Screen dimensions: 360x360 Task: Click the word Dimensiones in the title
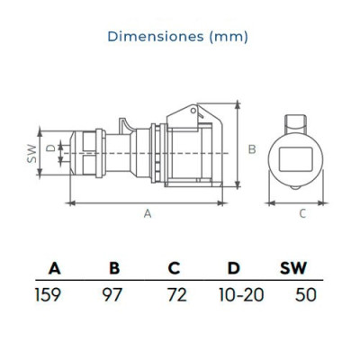click(156, 36)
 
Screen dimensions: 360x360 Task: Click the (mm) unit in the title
click(229, 37)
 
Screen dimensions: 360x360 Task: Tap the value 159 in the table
click(48, 294)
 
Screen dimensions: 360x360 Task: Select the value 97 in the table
click(112, 294)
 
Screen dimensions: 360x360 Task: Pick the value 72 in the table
click(177, 294)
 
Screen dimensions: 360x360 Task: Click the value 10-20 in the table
click(241, 294)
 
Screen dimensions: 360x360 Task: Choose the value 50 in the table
click(306, 294)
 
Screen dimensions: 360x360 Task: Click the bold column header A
click(55, 268)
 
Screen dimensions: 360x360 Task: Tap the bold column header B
click(114, 268)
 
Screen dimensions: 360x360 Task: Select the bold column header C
click(174, 268)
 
